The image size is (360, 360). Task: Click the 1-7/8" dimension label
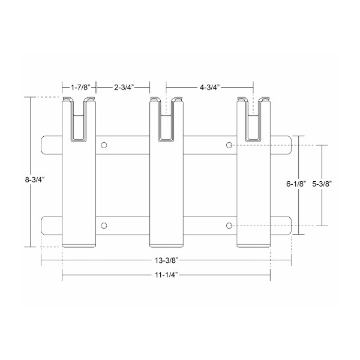(x=80, y=87)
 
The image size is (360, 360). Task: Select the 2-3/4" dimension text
(x=123, y=87)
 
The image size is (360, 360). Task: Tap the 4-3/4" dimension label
(x=209, y=87)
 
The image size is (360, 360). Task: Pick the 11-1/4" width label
(x=166, y=275)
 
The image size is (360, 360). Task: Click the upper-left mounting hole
(x=104, y=145)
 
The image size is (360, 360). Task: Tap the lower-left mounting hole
(x=104, y=226)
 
